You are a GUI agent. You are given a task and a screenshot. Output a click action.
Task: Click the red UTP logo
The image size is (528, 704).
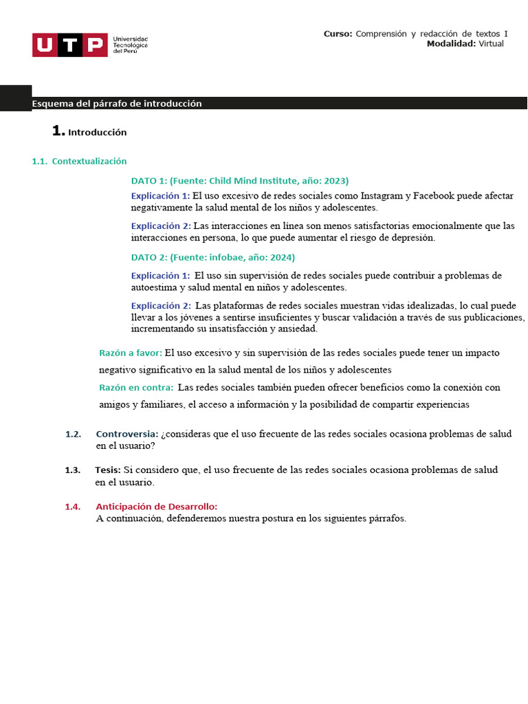(69, 45)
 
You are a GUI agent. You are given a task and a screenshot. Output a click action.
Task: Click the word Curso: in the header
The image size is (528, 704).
(338, 34)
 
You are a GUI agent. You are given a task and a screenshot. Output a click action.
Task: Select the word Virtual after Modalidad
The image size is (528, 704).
(491, 43)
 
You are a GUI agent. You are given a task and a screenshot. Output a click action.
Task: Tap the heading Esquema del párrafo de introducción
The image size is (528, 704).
(117, 104)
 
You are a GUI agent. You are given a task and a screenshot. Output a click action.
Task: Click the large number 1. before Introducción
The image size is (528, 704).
(58, 131)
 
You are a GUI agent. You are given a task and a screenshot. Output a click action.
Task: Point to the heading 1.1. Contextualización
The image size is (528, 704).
(79, 161)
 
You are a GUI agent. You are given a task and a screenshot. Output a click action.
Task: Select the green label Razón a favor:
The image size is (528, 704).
(131, 353)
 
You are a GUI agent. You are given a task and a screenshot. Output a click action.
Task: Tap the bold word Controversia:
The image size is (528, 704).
(127, 434)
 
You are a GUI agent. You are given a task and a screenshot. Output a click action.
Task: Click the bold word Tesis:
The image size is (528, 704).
(108, 470)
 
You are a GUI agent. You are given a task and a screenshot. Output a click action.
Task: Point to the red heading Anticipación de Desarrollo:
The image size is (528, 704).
(156, 507)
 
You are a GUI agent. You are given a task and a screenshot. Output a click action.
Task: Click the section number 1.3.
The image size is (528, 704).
(73, 470)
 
